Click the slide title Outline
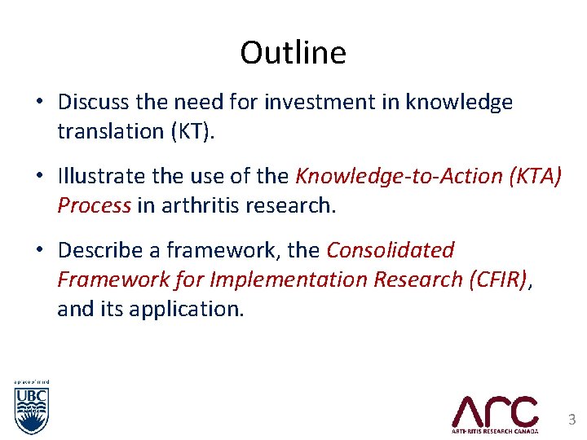coord(293,53)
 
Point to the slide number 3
coord(572,420)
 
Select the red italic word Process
coord(94,205)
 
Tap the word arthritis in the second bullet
coord(196,205)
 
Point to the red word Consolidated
coord(391,249)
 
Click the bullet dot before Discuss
coord(39,103)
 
